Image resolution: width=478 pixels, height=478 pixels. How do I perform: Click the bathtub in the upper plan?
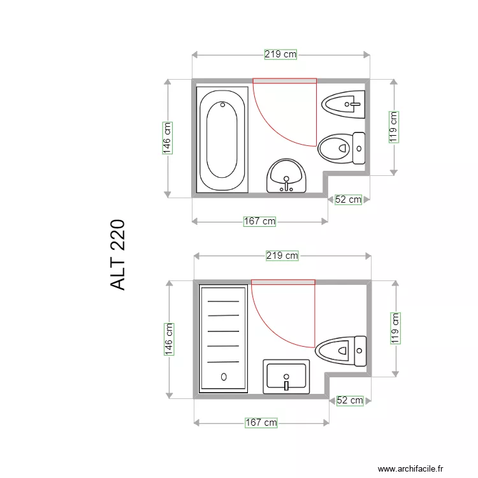222,140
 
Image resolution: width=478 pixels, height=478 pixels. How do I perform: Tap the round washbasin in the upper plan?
287,176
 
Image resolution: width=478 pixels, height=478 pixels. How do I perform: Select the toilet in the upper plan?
341,148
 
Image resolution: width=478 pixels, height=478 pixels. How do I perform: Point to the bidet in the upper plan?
343,104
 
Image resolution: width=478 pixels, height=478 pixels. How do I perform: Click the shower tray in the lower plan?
223,338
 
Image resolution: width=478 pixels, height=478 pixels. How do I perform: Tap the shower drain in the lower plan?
224,377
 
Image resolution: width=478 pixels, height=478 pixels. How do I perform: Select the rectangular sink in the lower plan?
286,376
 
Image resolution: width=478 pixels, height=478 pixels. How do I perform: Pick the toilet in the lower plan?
341,349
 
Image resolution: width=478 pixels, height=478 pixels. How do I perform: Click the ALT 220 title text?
118,255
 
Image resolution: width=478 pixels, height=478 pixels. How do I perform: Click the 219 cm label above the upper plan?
280,55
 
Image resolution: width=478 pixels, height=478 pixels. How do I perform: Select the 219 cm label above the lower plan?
282,256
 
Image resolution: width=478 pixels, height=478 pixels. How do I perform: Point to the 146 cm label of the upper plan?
167,138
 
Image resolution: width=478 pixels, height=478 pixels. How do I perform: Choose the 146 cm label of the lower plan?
169,338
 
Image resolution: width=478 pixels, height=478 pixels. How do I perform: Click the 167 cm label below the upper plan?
260,221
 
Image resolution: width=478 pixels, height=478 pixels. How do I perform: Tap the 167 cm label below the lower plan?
261,422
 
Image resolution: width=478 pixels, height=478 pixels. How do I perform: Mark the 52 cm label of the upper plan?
349,199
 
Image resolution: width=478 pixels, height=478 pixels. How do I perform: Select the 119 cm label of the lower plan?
396,328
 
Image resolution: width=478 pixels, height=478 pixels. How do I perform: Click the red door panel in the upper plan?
285,81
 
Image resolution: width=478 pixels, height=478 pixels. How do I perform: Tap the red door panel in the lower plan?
283,282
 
